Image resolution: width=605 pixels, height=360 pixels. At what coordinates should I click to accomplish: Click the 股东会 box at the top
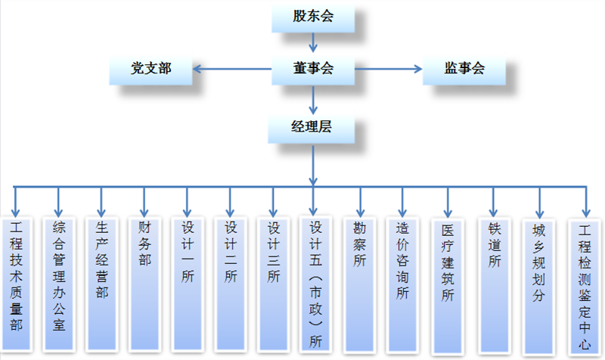[x=313, y=17]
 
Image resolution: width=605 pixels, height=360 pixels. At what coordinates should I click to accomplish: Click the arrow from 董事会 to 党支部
[x=231, y=70]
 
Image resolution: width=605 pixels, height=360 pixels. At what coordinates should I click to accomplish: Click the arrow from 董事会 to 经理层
[x=313, y=98]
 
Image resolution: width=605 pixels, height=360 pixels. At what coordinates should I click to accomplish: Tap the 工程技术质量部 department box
[x=17, y=284]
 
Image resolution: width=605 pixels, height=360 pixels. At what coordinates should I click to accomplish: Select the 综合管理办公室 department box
[x=59, y=284]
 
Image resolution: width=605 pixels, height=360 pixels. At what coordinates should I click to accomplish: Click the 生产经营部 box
[x=101, y=284]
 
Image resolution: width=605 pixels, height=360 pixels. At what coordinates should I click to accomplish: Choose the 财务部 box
[x=144, y=284]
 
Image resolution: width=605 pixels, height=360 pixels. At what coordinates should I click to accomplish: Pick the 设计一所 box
[x=188, y=284]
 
